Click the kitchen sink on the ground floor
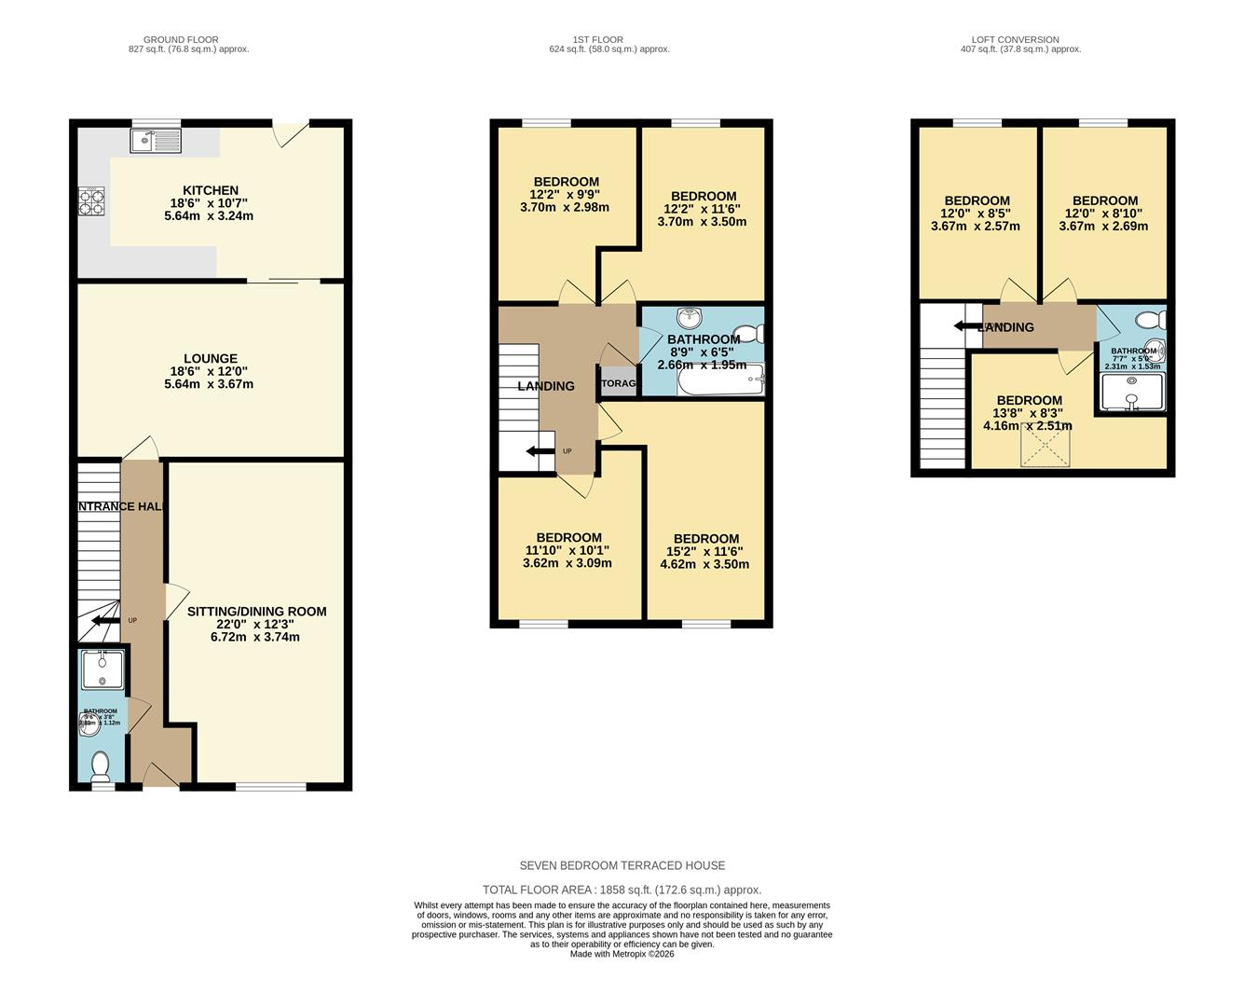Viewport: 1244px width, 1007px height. pos(157,141)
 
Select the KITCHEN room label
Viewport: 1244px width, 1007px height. pos(210,190)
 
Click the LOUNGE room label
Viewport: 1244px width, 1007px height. pos(210,358)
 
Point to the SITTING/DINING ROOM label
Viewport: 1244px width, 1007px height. pos(256,612)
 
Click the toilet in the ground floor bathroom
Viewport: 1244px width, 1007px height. pos(101,766)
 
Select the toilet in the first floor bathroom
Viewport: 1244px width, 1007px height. pos(748,333)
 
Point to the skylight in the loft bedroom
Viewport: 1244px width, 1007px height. pos(1045,445)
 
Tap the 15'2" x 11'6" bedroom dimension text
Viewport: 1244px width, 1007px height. pos(705,551)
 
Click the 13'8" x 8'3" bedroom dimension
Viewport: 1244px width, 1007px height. pos(1029,413)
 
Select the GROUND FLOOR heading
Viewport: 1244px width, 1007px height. pos(188,40)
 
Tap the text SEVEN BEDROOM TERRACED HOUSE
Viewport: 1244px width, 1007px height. pos(622,865)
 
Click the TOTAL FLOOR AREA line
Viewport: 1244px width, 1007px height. pos(622,890)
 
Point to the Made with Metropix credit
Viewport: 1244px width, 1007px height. pos(622,954)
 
